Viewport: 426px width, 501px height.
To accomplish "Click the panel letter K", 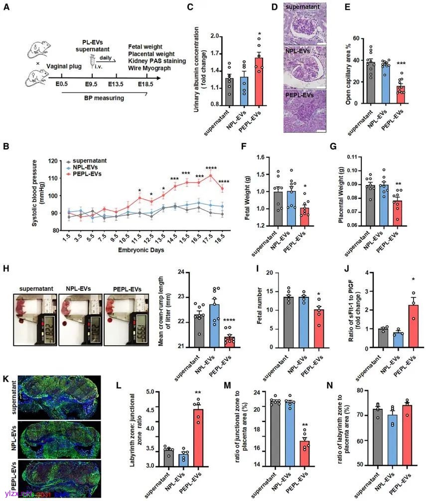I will point(5,379).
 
